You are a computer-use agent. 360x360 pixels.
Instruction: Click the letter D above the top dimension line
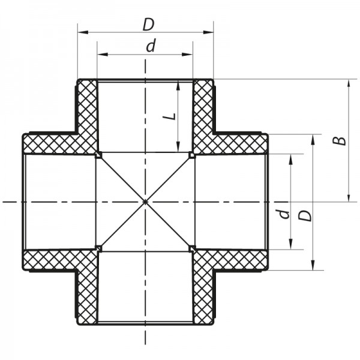(x=148, y=24)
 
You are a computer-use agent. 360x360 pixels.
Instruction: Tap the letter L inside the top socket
(x=171, y=115)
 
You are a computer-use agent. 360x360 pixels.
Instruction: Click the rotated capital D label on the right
(x=306, y=215)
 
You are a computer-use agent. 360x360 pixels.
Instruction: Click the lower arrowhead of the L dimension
(x=178, y=148)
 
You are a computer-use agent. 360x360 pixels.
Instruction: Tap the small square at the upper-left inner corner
(x=98, y=155)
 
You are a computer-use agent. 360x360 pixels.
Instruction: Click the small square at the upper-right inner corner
(x=192, y=155)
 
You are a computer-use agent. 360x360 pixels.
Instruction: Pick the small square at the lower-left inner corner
(x=98, y=248)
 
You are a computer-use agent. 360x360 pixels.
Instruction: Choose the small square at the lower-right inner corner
(x=192, y=248)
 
